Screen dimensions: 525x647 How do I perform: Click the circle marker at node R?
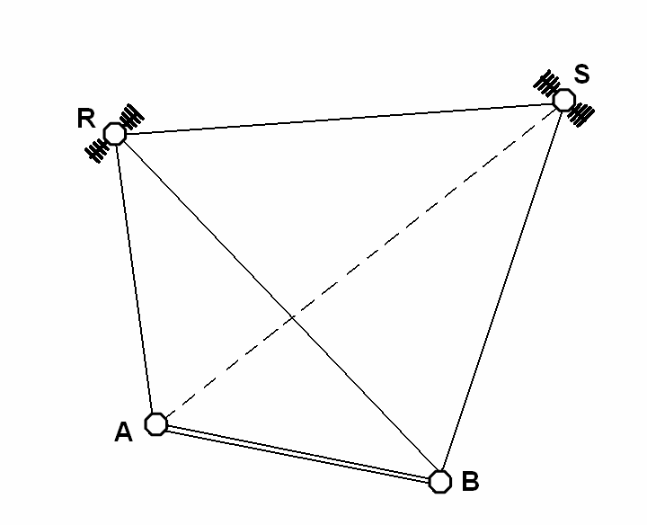(115, 134)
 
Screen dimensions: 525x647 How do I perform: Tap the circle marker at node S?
(563, 100)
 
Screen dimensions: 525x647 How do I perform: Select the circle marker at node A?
(156, 423)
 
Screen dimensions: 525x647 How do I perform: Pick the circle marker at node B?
(439, 481)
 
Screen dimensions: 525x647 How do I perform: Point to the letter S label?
(582, 75)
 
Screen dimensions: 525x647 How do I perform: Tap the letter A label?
(124, 433)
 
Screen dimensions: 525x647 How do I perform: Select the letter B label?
(469, 482)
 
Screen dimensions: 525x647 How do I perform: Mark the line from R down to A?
(136, 279)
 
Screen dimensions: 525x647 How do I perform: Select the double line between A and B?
(297, 453)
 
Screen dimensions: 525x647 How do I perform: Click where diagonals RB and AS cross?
(293, 317)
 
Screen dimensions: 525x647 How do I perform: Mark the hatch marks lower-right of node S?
(581, 114)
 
